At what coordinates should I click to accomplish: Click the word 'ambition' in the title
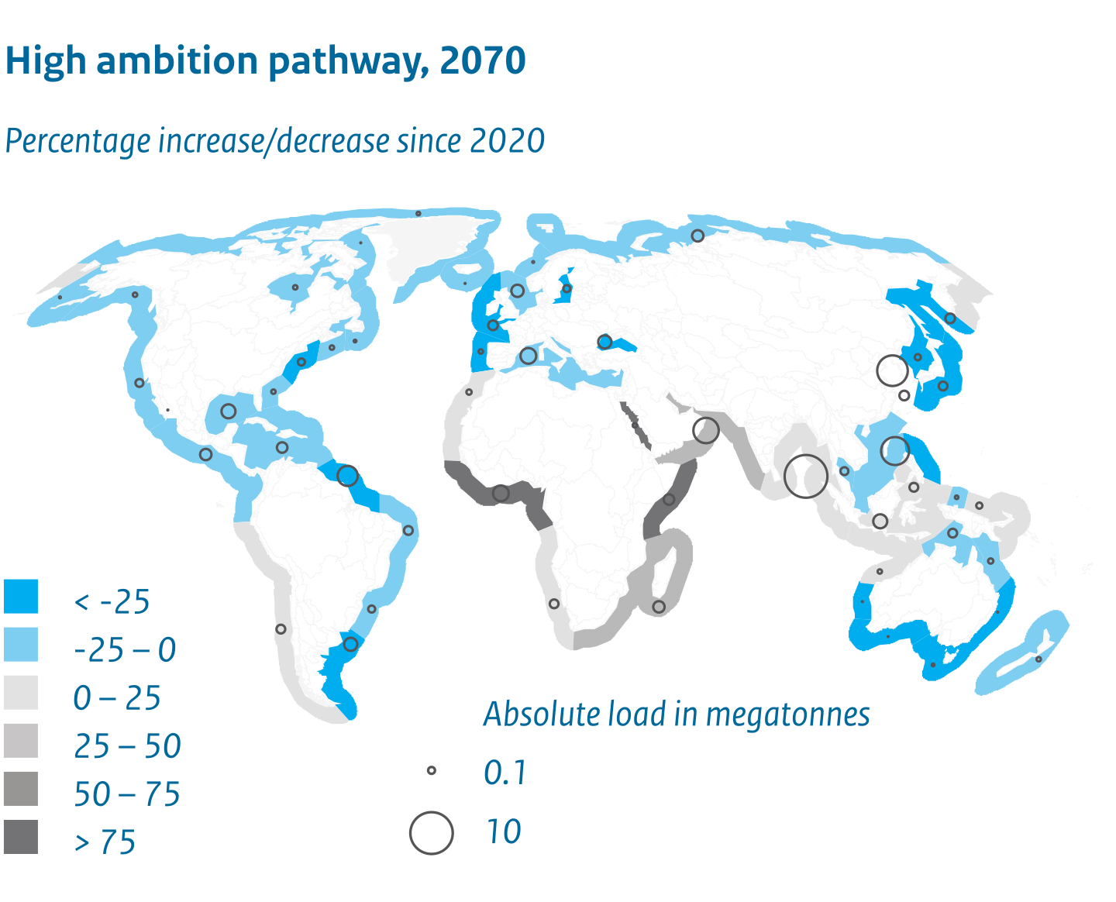pos(177,60)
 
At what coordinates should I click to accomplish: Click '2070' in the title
pos(482,60)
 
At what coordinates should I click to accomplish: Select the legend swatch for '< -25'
pos(20,595)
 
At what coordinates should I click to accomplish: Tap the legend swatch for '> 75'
pos(20,837)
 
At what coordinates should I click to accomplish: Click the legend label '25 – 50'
pos(127,746)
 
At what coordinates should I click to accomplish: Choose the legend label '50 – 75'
pos(127,794)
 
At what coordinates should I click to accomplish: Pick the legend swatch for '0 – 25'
pos(20,692)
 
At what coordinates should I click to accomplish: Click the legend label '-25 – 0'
pos(125,649)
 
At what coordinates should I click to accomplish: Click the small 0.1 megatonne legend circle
pos(432,770)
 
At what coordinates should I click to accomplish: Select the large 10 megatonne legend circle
pos(432,833)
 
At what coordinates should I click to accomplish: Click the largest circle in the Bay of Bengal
pos(806,475)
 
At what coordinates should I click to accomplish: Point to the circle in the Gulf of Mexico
pos(228,411)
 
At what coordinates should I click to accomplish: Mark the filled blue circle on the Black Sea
pos(604,342)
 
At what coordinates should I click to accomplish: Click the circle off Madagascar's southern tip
pos(659,607)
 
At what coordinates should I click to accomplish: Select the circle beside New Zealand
pos(1038,659)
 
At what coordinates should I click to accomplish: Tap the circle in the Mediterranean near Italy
pos(528,356)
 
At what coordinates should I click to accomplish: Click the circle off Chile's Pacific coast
pos(281,629)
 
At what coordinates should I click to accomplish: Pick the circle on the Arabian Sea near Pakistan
pos(705,430)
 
